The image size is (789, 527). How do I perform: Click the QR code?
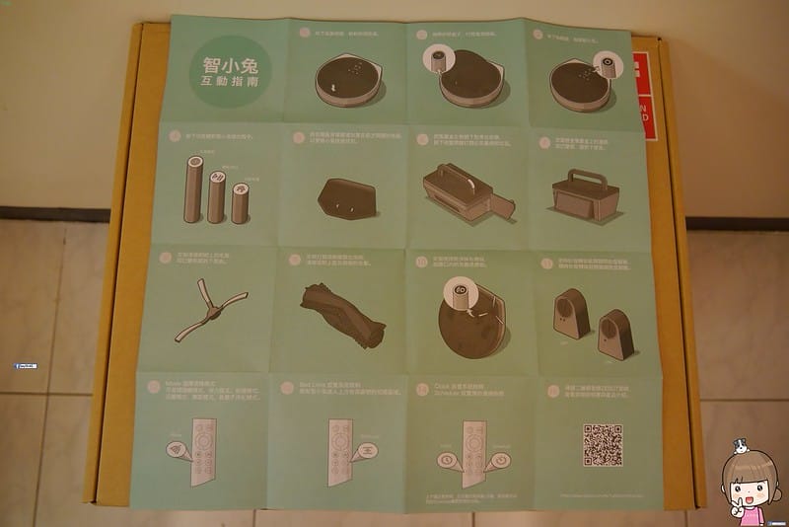(602, 444)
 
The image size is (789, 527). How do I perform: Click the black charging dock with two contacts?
(344, 199)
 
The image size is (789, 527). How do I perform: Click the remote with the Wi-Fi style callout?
(202, 450)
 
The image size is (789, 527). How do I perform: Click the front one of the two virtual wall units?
(615, 335)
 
